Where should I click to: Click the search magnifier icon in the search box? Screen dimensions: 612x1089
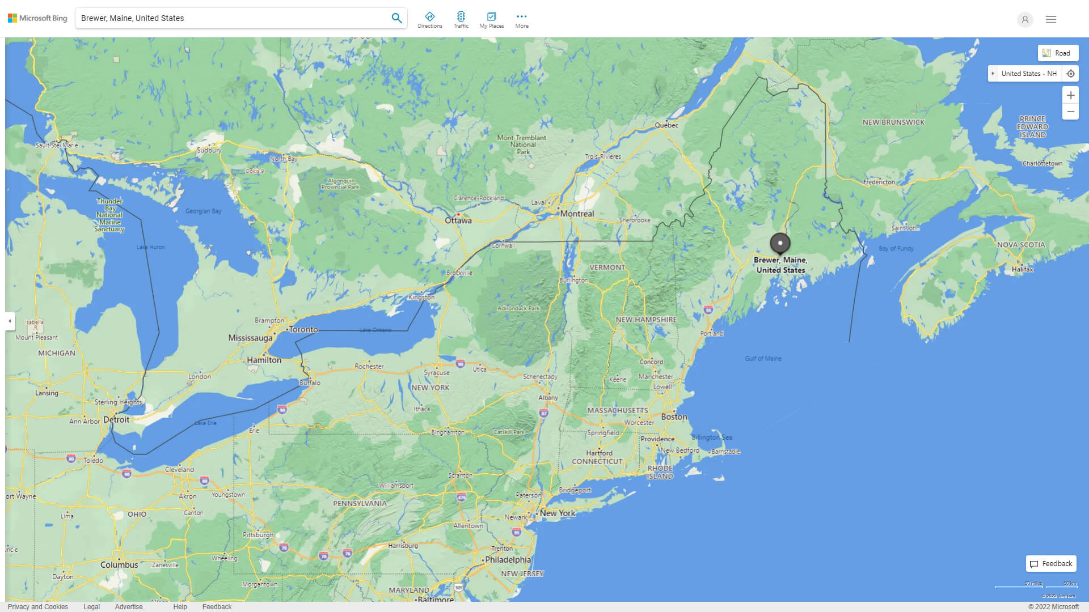[396, 18]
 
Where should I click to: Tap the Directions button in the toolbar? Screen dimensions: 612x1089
[429, 20]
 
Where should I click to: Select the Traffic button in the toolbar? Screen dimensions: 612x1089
[461, 20]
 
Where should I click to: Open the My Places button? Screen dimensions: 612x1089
[491, 20]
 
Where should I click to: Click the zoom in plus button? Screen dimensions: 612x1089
[1070, 95]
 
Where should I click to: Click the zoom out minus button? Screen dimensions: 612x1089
[1070, 112]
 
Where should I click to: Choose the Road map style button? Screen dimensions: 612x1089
[1058, 53]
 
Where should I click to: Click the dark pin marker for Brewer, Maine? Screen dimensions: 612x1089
[780, 243]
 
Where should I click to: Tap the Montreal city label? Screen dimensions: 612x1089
[577, 214]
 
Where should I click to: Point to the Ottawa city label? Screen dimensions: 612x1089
[458, 220]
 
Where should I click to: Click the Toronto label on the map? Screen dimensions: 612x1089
[303, 329]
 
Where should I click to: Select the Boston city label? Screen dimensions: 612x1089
[674, 416]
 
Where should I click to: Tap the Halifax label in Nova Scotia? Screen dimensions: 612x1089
[1022, 269]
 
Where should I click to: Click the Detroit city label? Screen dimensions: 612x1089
[116, 419]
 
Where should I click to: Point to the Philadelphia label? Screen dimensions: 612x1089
[508, 559]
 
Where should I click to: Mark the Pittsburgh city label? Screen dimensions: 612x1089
[258, 534]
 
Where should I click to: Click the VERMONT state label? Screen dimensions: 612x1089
[607, 267]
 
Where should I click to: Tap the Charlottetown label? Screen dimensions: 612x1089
[1042, 163]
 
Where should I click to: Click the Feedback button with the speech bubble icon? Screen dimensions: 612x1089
[1051, 563]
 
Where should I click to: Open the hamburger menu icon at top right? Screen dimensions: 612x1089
[1050, 19]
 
